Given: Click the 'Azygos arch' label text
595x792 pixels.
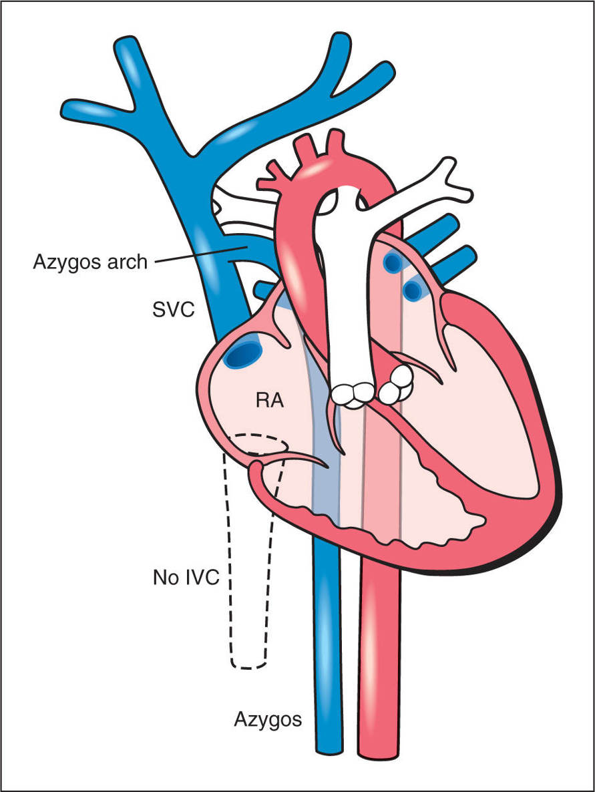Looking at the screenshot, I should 89,261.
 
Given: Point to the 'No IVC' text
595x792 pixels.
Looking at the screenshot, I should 186,576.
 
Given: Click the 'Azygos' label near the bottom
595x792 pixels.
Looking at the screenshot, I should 268,719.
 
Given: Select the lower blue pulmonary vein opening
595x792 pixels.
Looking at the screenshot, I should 414,290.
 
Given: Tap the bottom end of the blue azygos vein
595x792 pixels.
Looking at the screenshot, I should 328,749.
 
